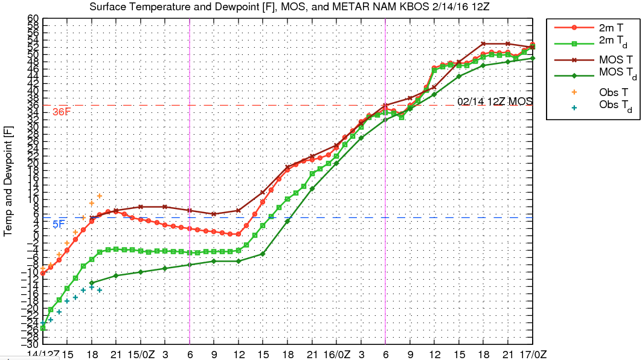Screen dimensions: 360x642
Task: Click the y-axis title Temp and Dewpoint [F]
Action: (8, 181)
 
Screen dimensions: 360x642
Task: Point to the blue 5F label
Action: (58, 224)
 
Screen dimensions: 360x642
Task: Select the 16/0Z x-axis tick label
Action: (336, 353)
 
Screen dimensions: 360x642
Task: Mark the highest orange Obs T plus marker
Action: (100, 196)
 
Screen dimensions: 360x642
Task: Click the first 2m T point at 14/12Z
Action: (43, 273)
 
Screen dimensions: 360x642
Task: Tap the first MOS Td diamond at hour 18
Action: (91, 283)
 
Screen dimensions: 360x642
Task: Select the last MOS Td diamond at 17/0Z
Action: (533, 58)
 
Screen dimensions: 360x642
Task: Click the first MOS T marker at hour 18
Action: (91, 218)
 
